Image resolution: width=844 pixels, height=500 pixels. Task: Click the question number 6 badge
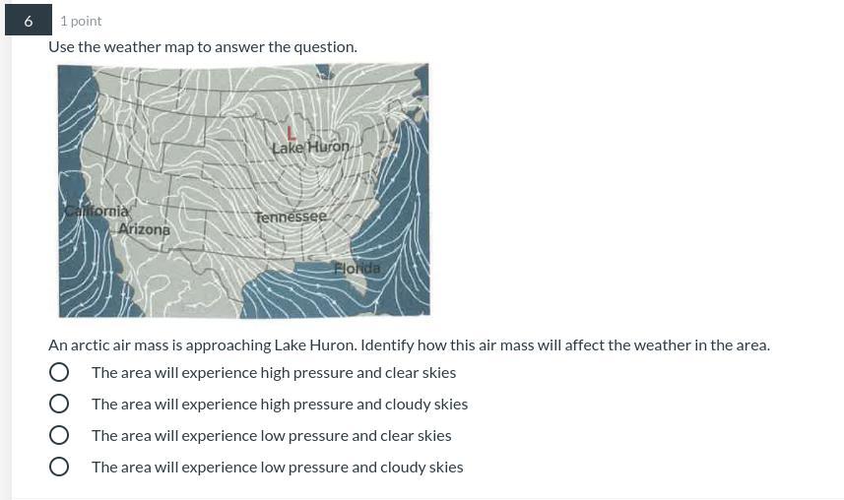coord(29,20)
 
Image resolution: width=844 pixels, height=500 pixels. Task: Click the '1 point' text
coord(81,21)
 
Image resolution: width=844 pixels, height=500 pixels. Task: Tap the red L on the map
coord(291,133)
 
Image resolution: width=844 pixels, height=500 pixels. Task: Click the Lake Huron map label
coord(310,147)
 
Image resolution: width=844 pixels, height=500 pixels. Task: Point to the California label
coord(97,211)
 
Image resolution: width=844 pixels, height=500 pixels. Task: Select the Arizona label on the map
coord(144,229)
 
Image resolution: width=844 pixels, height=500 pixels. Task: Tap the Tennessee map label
coord(291,217)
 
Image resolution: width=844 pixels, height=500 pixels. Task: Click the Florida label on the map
coord(357,268)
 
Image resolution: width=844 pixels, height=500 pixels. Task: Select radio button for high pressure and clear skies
coord(59,372)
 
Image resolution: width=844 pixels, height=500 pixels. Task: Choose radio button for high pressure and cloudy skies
coord(59,404)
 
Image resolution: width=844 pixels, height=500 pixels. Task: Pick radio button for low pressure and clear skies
coord(59,435)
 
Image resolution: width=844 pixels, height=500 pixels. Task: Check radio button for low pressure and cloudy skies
coord(59,467)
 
